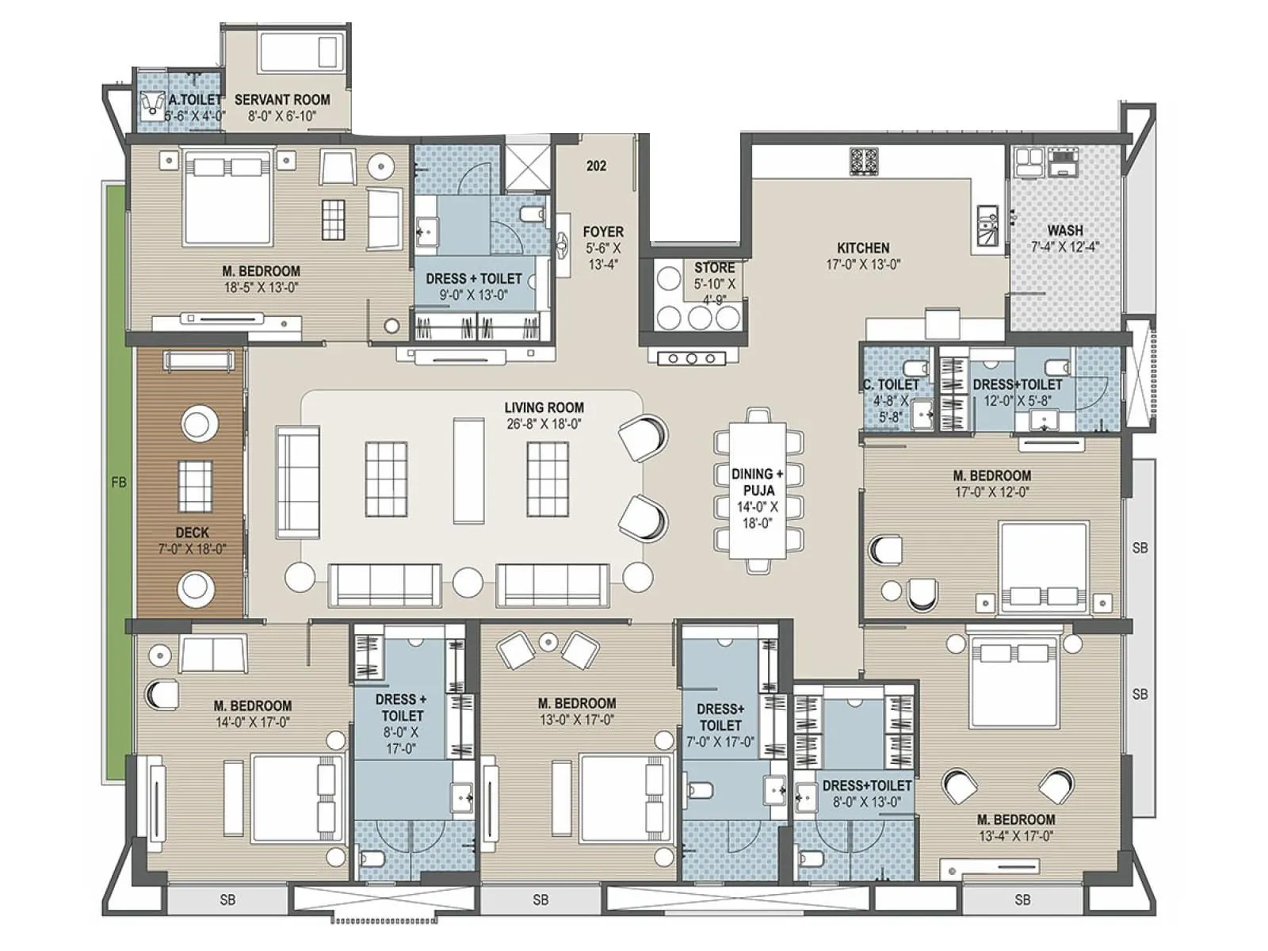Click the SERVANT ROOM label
pyautogui.click(x=282, y=100)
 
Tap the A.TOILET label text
pyautogui.click(x=196, y=100)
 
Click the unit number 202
pyautogui.click(x=597, y=166)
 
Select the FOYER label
pyautogui.click(x=603, y=231)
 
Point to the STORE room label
pyautogui.click(x=714, y=268)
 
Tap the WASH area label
pyautogui.click(x=1065, y=230)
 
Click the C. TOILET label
pyautogui.click(x=891, y=384)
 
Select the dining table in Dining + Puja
pyautogui.click(x=758, y=489)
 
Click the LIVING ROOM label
pyautogui.click(x=544, y=407)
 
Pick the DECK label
pyautogui.click(x=192, y=533)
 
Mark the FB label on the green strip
pyautogui.click(x=119, y=482)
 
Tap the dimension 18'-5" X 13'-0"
pyautogui.click(x=262, y=288)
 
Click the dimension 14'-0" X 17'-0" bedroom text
pyautogui.click(x=252, y=722)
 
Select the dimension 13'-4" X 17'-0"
pyautogui.click(x=1015, y=836)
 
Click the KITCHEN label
pyautogui.click(x=863, y=248)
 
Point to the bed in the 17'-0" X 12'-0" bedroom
pyautogui.click(x=1040, y=567)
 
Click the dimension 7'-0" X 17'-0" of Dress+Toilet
pyautogui.click(x=720, y=743)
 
